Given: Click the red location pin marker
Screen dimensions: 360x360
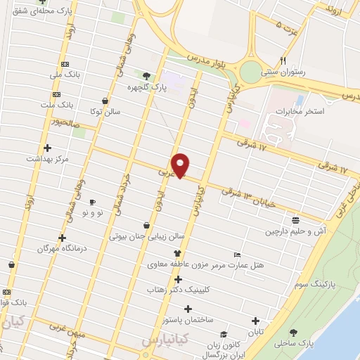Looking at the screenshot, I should (181, 165).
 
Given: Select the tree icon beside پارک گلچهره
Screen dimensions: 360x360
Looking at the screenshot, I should (146, 76).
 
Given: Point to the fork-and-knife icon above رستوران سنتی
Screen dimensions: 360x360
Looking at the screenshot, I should (283, 60).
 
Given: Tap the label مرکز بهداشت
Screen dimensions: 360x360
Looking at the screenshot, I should (48, 159).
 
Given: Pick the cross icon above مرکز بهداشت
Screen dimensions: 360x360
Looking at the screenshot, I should (47, 148).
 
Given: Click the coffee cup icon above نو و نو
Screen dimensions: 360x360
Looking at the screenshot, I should (92, 202).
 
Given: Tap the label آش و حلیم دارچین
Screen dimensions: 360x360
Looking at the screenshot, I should (296, 231).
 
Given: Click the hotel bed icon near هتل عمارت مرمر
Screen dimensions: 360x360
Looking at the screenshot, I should (237, 255).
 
